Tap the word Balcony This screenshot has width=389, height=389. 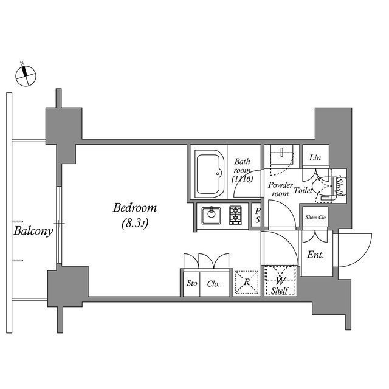(32, 232)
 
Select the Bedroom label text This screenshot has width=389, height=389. (135, 208)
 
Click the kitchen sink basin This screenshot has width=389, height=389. (212, 214)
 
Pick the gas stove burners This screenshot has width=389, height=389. (235, 214)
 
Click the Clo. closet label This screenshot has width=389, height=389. (213, 284)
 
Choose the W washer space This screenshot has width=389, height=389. (281, 281)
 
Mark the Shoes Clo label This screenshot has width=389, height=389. (315, 217)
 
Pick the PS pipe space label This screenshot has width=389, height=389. (258, 216)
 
